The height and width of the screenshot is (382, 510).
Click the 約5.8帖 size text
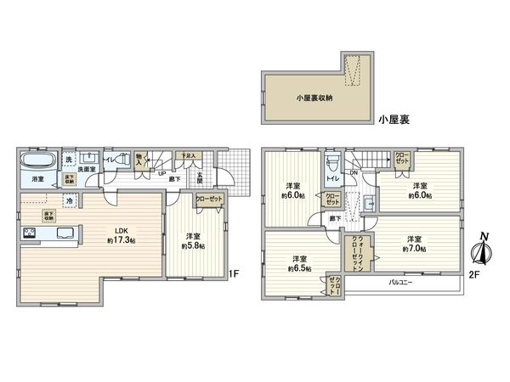[x=195, y=245]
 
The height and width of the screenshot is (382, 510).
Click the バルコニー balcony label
[x=401, y=281]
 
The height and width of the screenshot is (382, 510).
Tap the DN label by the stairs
[x=354, y=173]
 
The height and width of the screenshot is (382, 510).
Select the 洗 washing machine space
[x=68, y=158]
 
